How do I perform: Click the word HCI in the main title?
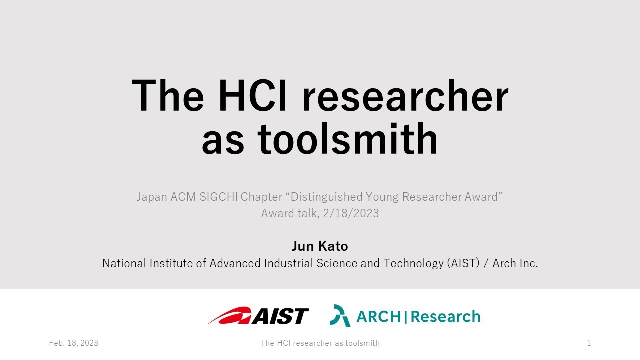click(253, 96)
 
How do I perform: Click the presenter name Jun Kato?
click(320, 246)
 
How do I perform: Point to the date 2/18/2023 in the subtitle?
click(351, 213)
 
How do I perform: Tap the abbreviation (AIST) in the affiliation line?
click(463, 263)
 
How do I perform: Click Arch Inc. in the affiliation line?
click(515, 263)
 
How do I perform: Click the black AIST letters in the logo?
click(281, 316)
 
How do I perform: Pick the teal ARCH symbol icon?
click(340, 316)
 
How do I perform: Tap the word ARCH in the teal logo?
click(378, 317)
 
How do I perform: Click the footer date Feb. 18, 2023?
click(73, 343)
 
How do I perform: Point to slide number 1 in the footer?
click(589, 343)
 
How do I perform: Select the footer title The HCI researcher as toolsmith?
click(320, 343)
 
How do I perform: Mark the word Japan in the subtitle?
click(152, 197)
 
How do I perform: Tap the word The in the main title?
click(168, 96)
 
